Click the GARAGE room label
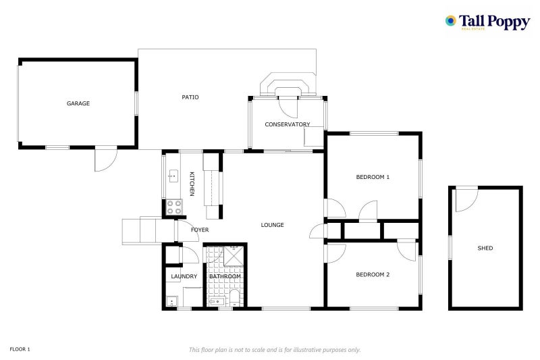click(x=78, y=103)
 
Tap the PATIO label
click(x=190, y=97)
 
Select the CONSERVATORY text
click(x=288, y=124)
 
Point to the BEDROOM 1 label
click(x=373, y=177)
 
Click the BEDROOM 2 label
click(x=373, y=275)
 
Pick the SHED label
click(x=485, y=248)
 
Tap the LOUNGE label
click(x=273, y=225)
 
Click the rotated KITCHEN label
click(x=192, y=184)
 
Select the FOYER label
click(x=200, y=230)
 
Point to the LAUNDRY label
click(x=184, y=276)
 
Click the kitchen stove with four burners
click(x=174, y=207)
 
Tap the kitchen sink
click(x=173, y=176)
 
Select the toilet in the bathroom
click(x=234, y=298)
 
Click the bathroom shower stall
click(x=234, y=256)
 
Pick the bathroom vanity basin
click(x=217, y=301)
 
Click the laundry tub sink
click(x=171, y=301)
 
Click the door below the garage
click(x=106, y=159)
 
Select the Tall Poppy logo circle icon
click(x=450, y=21)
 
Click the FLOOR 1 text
click(x=20, y=349)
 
